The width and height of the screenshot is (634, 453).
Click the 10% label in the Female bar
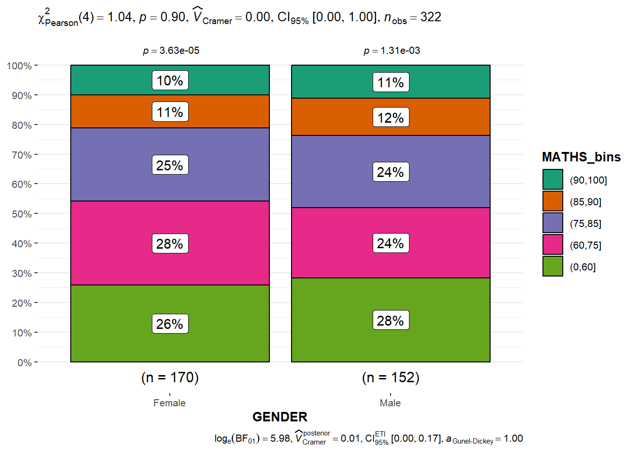click(x=170, y=80)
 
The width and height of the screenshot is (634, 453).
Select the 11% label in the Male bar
click(x=391, y=83)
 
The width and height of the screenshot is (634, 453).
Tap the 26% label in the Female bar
click(x=170, y=324)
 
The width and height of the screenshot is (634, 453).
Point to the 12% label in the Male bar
click(x=391, y=117)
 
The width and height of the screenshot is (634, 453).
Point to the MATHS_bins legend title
click(x=581, y=157)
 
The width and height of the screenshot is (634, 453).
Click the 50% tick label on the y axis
click(x=22, y=214)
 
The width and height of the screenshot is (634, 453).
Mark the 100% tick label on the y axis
click(x=19, y=66)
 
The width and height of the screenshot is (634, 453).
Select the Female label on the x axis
click(x=169, y=403)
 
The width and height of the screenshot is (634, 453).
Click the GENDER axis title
click(x=280, y=417)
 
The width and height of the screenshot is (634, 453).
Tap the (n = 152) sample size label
click(x=391, y=377)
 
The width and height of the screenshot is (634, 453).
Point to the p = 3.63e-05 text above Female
click(x=171, y=50)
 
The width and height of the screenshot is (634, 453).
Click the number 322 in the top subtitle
click(x=431, y=17)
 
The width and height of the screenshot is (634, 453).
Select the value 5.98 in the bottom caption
click(x=281, y=438)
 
